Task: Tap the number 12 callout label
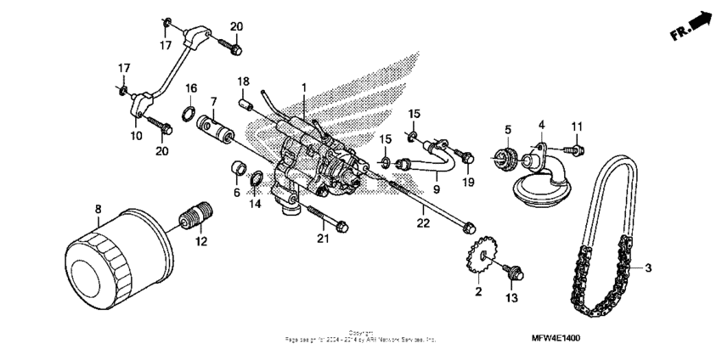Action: coord(200,242)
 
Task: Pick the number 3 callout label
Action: coord(648,268)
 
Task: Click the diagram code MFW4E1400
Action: coord(556,337)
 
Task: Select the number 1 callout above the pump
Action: coord(304,87)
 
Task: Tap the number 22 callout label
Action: coord(423,222)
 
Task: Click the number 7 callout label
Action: coord(213,101)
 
